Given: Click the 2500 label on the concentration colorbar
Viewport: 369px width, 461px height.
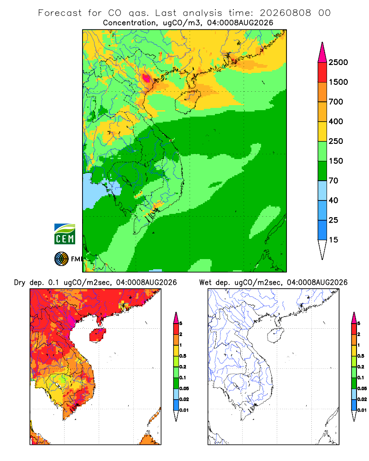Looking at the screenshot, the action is point(338,62).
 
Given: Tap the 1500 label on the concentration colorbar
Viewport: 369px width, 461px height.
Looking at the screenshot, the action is point(338,82).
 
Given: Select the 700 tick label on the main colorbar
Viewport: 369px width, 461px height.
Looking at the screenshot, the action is point(336,102).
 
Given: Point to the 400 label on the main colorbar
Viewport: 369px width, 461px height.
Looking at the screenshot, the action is point(336,121).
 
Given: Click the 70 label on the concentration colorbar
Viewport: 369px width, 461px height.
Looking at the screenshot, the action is point(333,181).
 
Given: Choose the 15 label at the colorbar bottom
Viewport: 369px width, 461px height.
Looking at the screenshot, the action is point(333,240).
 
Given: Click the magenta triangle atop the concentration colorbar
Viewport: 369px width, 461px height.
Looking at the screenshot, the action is point(322,53).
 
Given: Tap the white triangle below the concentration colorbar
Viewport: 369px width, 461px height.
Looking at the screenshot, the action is point(322,249).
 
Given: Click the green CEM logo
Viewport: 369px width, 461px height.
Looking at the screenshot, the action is point(65,234).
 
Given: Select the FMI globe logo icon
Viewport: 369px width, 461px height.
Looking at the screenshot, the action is point(61,259).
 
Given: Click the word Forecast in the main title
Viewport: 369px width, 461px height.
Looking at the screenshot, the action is point(60,13).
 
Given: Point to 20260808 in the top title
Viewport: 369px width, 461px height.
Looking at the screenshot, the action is point(285,13).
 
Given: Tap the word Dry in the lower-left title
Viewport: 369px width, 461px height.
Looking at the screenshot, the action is point(20,283).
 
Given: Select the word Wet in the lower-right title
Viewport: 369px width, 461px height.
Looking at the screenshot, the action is point(205,283).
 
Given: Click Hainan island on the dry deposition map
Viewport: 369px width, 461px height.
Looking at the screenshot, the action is point(97,335).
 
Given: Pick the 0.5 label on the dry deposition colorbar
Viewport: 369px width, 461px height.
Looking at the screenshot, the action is point(183,356).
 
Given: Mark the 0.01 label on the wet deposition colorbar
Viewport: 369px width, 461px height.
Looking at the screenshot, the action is point(362,410).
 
